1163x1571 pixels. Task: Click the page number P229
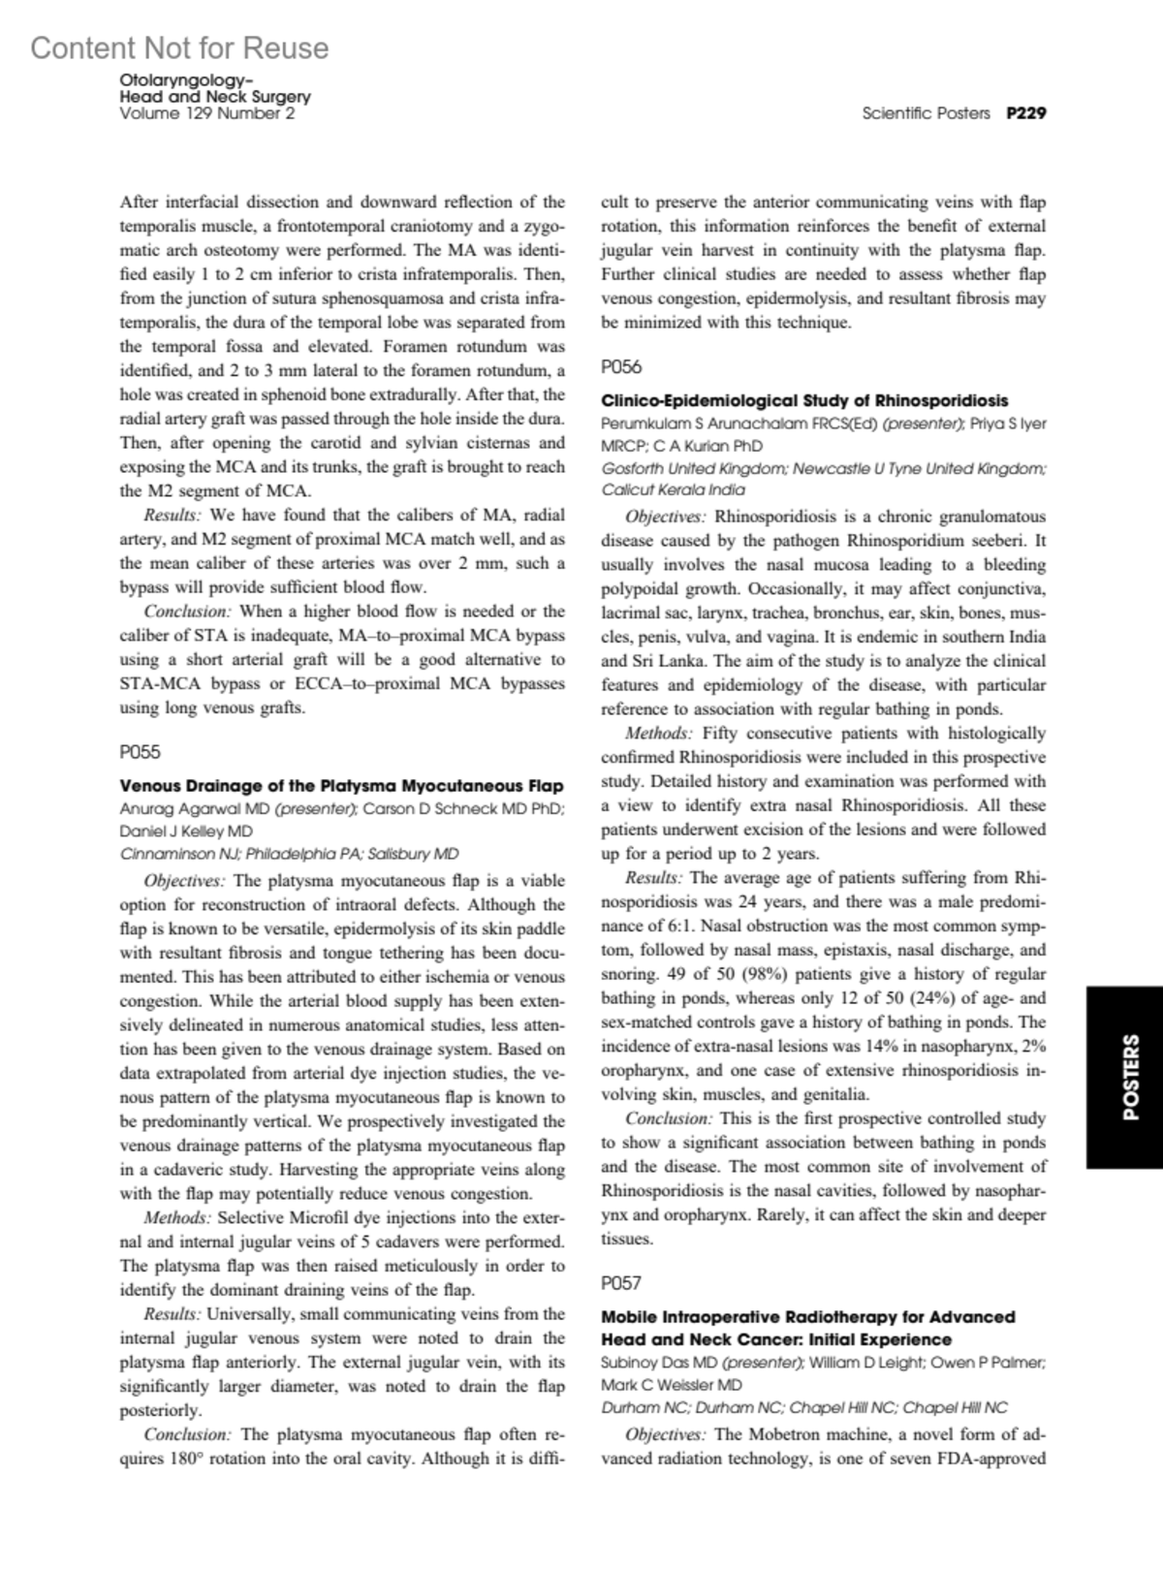click(1025, 113)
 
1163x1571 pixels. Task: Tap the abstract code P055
click(140, 752)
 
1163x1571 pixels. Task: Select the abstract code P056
click(621, 367)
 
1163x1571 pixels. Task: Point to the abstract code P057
click(621, 1283)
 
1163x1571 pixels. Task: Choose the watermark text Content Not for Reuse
click(179, 47)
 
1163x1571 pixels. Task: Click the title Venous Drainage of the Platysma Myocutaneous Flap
click(341, 785)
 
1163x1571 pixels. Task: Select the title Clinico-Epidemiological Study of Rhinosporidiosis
click(804, 400)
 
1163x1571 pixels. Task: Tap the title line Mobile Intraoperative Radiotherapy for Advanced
click(808, 1317)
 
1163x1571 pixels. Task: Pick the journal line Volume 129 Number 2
click(206, 113)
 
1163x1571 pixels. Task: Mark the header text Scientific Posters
click(926, 113)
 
